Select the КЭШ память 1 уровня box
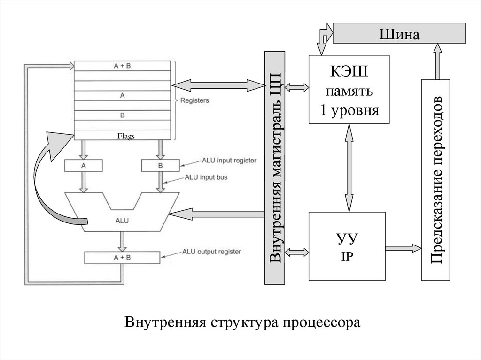[349, 89]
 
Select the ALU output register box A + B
[122, 257]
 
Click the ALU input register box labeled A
[83, 166]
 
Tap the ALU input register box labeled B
[161, 166]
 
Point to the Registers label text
[194, 100]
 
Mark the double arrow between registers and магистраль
[218, 85]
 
